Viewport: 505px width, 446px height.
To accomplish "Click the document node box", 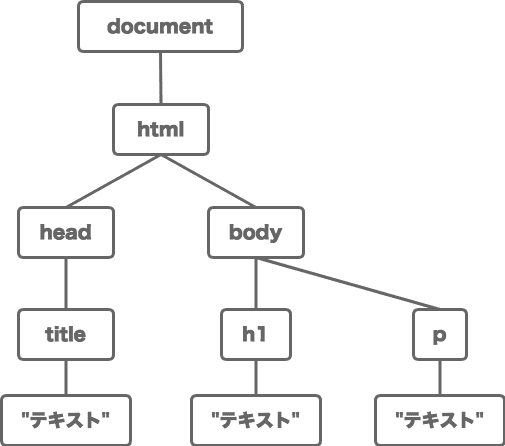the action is pyautogui.click(x=160, y=27).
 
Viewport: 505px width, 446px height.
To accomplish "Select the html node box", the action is pyautogui.click(x=161, y=130).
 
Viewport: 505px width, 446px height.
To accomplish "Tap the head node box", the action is pyautogui.click(x=66, y=232).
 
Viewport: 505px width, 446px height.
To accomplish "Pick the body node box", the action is pyautogui.click(x=256, y=232).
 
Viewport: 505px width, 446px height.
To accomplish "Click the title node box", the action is pyautogui.click(x=66, y=335).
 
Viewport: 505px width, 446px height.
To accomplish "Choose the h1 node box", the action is pyautogui.click(x=256, y=335).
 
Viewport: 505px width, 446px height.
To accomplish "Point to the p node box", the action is pyautogui.click(x=440, y=335).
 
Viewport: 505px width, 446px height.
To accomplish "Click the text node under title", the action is pyautogui.click(x=66, y=420).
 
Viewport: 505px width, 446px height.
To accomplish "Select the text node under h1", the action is pyautogui.click(x=256, y=420).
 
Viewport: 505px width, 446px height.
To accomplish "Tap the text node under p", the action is pyautogui.click(x=440, y=420).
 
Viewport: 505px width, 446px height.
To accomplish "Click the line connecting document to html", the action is pyautogui.click(x=161, y=78).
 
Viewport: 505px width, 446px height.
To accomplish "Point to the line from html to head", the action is pyautogui.click(x=113, y=181).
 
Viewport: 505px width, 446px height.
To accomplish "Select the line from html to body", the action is pyautogui.click(x=208, y=181).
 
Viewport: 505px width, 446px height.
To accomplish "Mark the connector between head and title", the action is pyautogui.click(x=66, y=284).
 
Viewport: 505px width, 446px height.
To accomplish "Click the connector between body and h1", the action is pyautogui.click(x=256, y=284).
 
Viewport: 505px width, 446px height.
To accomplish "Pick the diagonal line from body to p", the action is pyautogui.click(x=348, y=284).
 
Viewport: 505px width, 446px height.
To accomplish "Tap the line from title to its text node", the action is pyautogui.click(x=66, y=378).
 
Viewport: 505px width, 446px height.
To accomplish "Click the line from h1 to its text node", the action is pyautogui.click(x=256, y=378).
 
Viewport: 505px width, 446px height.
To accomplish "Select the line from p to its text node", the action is pyautogui.click(x=440, y=378).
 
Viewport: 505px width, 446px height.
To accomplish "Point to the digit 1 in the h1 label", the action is pyautogui.click(x=261, y=334).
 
